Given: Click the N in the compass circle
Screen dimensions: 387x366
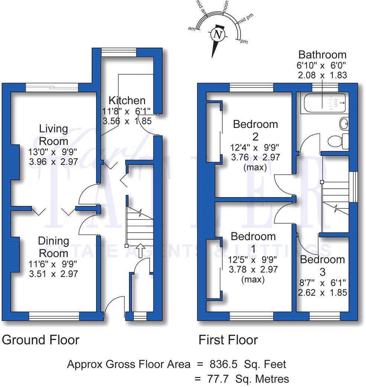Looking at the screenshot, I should click(218, 35).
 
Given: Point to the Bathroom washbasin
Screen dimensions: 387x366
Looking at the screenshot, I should click(344, 123).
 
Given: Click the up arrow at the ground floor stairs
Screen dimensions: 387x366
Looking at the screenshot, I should click(140, 250).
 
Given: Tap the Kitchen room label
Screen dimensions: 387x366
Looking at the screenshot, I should click(127, 100).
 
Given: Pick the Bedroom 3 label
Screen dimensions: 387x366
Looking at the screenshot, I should click(323, 265).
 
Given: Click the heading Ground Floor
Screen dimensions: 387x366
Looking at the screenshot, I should click(41, 340).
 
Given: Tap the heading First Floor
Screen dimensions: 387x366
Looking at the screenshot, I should click(228, 340).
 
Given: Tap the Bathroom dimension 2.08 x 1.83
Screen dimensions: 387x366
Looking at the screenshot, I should click(323, 75).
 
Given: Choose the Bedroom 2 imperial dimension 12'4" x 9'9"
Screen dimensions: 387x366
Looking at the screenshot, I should click(255, 147).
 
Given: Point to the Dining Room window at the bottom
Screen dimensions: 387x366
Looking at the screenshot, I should click(54, 316).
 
